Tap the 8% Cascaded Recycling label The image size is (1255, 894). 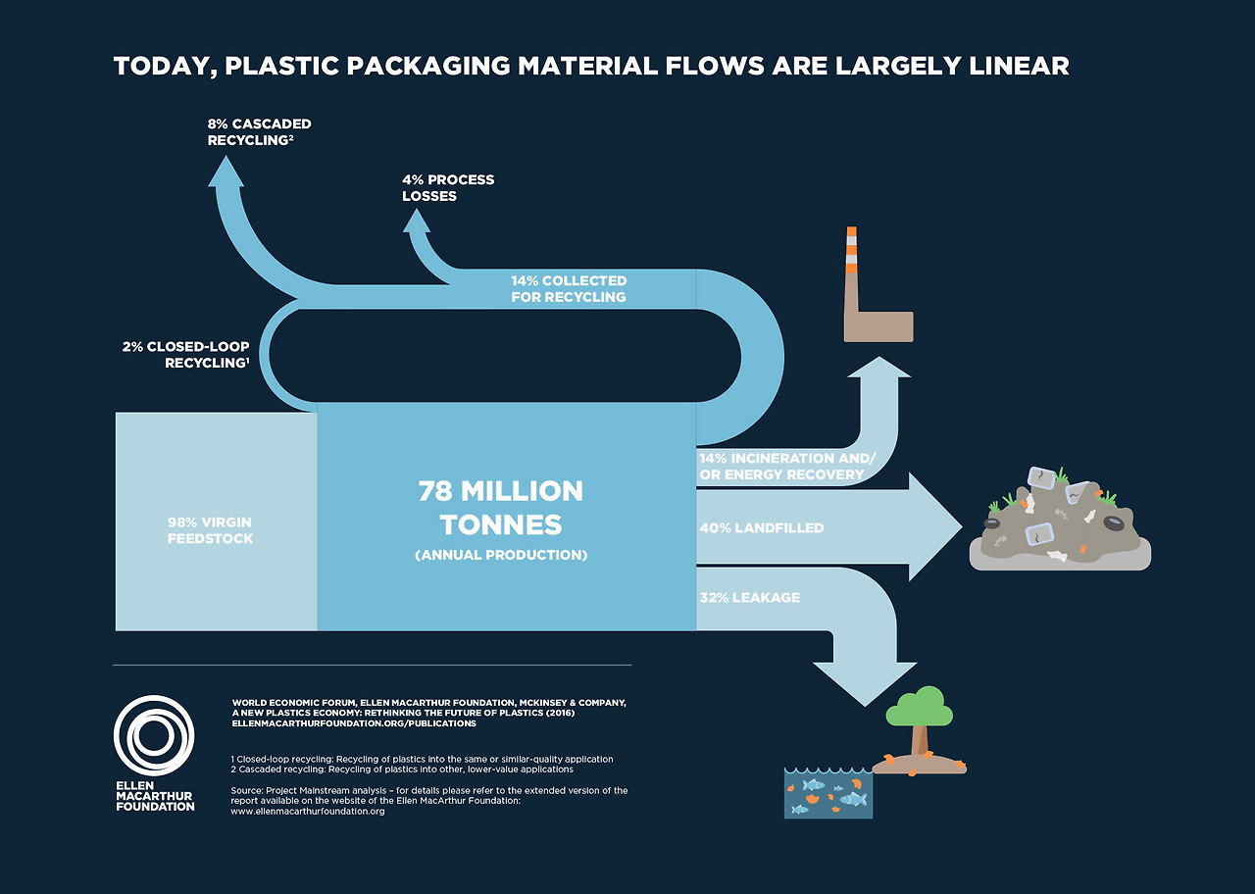pyautogui.click(x=259, y=132)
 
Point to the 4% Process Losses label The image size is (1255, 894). pyautogui.click(x=447, y=187)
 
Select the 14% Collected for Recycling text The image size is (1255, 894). pyautogui.click(x=568, y=288)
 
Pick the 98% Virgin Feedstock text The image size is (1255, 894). pyautogui.click(x=210, y=530)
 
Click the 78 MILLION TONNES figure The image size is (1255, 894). pyautogui.click(x=500, y=507)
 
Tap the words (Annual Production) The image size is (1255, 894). pyautogui.click(x=500, y=555)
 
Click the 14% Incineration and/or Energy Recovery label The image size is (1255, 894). pyautogui.click(x=784, y=467)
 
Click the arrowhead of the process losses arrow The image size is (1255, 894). pyautogui.click(x=417, y=220)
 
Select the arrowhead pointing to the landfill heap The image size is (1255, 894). pyautogui.click(x=936, y=527)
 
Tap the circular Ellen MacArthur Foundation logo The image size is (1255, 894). pyautogui.click(x=154, y=735)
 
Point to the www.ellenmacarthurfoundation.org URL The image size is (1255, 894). pyautogui.click(x=307, y=812)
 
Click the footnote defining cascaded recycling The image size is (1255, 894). pyautogui.click(x=402, y=770)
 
